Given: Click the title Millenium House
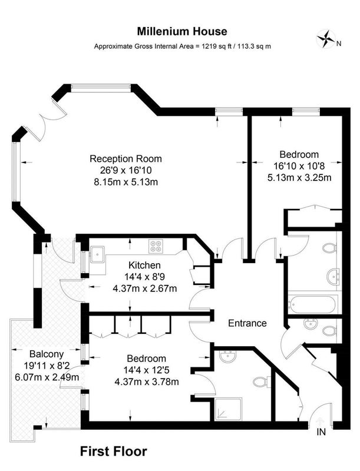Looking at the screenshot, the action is pos(182,31).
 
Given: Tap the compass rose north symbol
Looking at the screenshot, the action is pos(326,39).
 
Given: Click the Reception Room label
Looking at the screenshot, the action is pos(125,158).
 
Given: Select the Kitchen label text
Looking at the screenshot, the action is pos(144,266).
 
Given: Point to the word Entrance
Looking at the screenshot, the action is pos(247,323).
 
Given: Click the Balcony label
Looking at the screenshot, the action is pos(47,354).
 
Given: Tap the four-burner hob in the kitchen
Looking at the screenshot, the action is pos(156,246).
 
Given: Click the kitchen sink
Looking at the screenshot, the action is pos(97,254).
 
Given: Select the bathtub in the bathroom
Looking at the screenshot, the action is pos(313,304).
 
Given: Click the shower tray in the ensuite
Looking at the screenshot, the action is pos(229,409).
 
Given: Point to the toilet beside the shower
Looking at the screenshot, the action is pos(262,382).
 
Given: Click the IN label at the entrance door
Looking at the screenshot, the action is pos(321,432).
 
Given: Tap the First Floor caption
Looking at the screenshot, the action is pos(114,451).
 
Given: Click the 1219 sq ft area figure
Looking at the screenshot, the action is pos(216,47).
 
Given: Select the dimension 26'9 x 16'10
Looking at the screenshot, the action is pos(126,170).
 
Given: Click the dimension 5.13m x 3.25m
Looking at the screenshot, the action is pos(299,178).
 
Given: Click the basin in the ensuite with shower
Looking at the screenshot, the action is pos(227,357).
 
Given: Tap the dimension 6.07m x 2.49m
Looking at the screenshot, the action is pos(47,377).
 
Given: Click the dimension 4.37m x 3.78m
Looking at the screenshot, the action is pos(147,382).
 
